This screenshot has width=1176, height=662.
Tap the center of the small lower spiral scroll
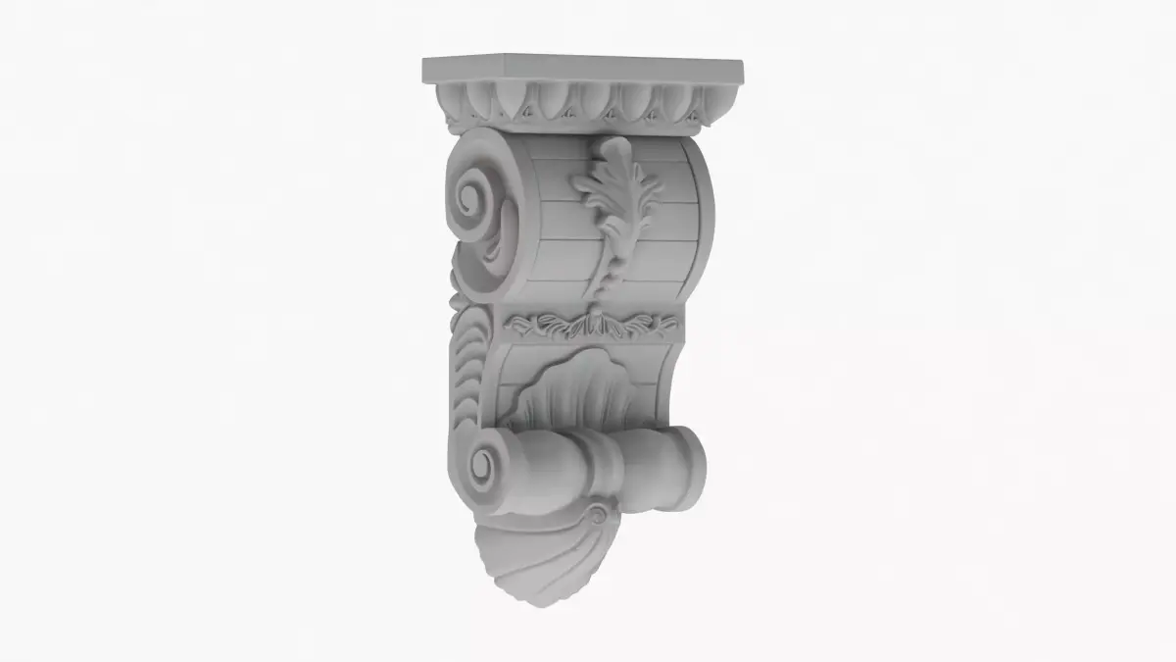pyautogui.click(x=487, y=461)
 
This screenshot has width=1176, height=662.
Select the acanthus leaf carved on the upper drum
pyautogui.click(x=615, y=211)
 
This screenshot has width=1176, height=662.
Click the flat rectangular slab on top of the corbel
pyautogui.click(x=582, y=70)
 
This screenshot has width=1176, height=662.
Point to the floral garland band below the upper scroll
pyautogui.click(x=592, y=325)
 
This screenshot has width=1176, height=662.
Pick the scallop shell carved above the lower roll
pyautogui.click(x=569, y=392)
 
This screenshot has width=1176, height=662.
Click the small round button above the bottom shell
pyautogui.click(x=597, y=514)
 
